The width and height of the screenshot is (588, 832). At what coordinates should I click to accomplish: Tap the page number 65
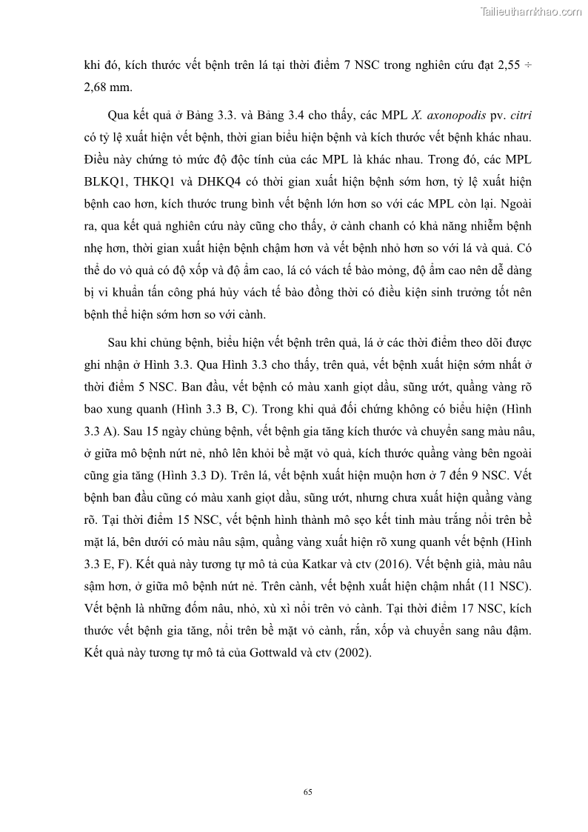308,792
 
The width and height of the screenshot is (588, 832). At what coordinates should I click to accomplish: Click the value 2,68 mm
109,87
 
